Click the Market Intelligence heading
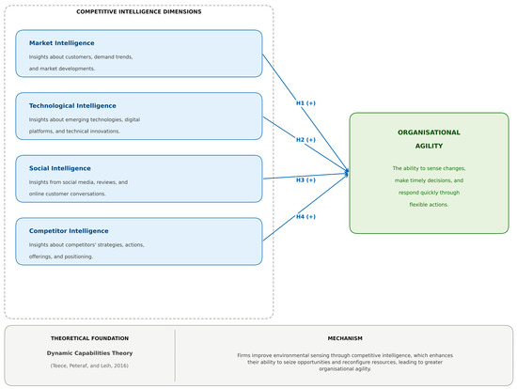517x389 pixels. tap(62, 43)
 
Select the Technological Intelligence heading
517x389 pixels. tap(72, 106)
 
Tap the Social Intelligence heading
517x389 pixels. tap(59, 168)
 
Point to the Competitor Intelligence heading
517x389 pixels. tap(69, 231)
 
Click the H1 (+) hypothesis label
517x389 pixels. tap(305, 103)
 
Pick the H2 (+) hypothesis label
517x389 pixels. tap(305, 140)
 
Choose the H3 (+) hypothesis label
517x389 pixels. tap(305, 180)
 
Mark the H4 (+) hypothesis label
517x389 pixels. tap(305, 217)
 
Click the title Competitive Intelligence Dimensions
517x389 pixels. tap(139, 12)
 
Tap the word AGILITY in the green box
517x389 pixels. tap(429, 146)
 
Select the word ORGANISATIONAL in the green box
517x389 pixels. tap(429, 132)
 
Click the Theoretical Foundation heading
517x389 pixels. tap(89, 338)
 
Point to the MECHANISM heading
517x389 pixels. tap(345, 338)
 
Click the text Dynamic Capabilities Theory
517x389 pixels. tap(89, 353)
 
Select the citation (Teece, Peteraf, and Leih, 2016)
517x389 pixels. tap(89, 366)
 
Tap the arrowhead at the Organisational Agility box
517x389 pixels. tap(347, 173)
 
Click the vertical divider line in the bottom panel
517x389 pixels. tap(175, 355)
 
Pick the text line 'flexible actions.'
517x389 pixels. tap(429, 205)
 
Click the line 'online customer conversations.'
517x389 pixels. tap(68, 194)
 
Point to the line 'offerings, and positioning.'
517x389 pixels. tap(61, 257)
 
